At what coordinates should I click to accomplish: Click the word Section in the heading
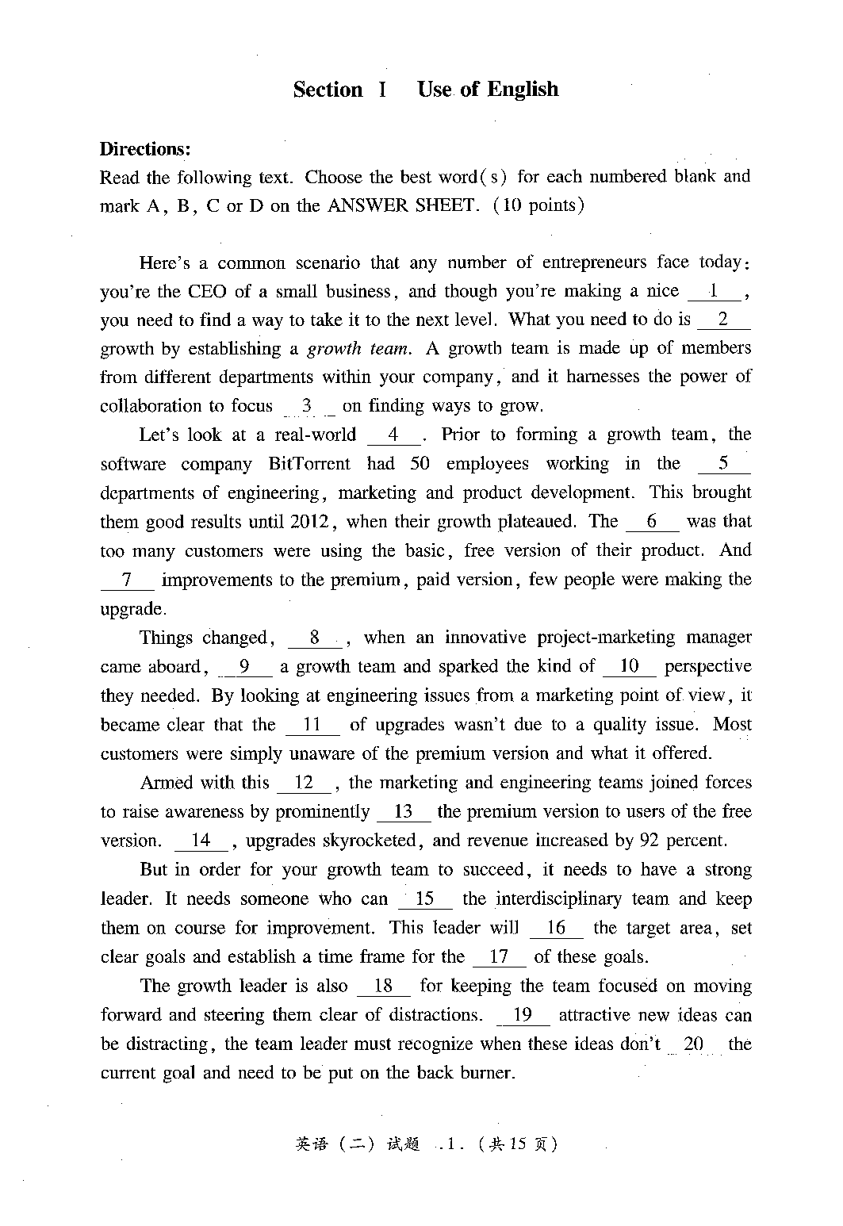click(328, 90)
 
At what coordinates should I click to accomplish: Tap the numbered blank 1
click(715, 292)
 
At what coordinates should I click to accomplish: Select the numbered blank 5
click(722, 464)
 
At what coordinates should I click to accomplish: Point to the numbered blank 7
click(127, 580)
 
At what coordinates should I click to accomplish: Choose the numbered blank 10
click(629, 667)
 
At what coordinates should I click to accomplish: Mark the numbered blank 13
click(404, 812)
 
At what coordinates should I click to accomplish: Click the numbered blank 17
click(499, 957)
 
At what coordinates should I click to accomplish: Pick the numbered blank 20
click(694, 1044)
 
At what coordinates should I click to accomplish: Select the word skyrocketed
click(374, 841)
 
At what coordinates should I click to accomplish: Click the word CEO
click(207, 292)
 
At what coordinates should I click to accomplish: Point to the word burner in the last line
click(489, 1074)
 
